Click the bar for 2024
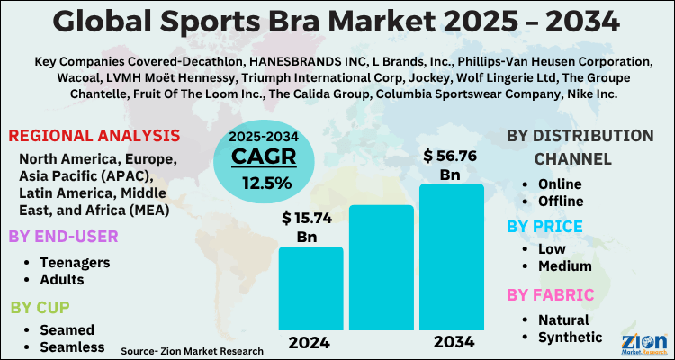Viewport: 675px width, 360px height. pos(310,287)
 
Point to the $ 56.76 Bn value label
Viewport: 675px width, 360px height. pos(450,166)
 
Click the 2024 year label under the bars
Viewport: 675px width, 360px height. pos(310,343)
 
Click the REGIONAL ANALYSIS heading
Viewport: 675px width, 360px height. pos(94,136)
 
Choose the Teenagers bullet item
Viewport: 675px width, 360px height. pos(76,262)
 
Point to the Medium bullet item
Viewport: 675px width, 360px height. pos(564,265)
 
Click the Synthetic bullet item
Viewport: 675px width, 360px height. pos(570,337)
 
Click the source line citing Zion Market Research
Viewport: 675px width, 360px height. pos(192,351)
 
